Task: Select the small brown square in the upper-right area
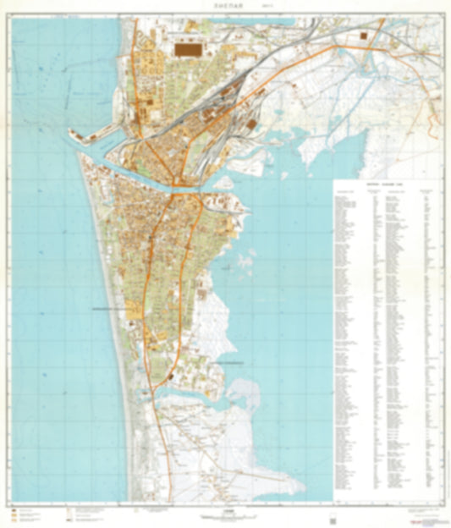[x=364, y=36]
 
